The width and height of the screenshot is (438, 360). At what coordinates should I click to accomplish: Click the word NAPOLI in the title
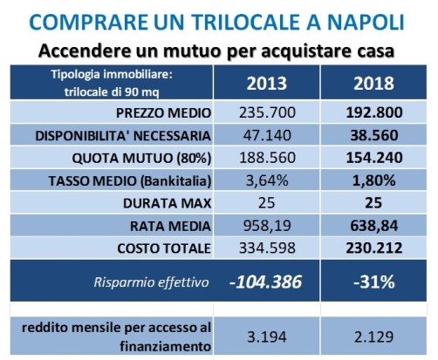tap(366, 22)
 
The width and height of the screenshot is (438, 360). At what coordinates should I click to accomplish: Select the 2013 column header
tap(267, 84)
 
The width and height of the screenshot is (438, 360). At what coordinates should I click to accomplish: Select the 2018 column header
tap(373, 84)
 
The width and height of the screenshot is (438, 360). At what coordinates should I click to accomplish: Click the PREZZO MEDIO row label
tap(163, 113)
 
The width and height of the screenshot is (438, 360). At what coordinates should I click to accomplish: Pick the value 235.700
tap(267, 112)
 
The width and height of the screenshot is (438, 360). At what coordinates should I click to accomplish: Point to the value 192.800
tap(374, 112)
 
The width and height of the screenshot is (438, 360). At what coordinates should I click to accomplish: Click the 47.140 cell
tap(267, 135)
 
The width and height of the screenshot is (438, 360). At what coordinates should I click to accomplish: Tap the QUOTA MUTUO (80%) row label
tap(141, 159)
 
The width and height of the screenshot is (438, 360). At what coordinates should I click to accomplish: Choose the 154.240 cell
tap(374, 158)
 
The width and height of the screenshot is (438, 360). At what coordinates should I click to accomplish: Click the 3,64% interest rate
tap(267, 180)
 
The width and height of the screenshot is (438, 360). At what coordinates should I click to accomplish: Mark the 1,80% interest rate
tap(374, 180)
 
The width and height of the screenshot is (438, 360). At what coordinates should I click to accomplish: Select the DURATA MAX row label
tap(167, 203)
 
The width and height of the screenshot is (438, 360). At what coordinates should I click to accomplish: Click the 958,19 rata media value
tap(267, 226)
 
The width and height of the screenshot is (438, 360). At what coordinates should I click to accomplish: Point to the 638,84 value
tap(374, 226)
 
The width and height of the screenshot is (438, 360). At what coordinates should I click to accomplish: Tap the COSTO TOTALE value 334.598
tap(267, 248)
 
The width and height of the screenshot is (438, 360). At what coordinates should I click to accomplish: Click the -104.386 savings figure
tap(265, 282)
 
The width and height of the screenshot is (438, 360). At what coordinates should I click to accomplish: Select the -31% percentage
tap(374, 282)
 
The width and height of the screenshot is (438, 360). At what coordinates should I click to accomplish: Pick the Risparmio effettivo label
tap(151, 282)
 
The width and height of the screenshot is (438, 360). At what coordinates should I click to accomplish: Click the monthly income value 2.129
tap(374, 337)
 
